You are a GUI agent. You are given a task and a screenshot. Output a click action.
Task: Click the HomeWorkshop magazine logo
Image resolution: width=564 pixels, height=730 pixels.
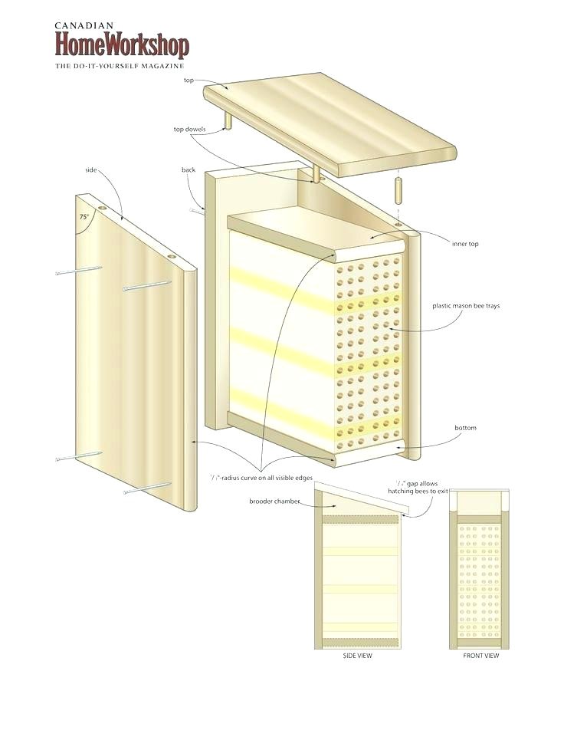pos(121,45)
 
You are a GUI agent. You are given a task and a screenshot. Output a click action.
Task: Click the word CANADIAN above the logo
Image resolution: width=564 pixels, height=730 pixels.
pos(84,25)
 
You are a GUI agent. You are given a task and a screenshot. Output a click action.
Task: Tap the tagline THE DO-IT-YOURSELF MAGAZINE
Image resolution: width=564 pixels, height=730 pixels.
pos(120,67)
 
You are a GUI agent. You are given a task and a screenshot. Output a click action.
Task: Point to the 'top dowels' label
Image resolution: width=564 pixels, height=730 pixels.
pos(189,129)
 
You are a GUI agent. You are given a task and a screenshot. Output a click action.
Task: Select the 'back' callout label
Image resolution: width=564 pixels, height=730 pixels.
pos(189,169)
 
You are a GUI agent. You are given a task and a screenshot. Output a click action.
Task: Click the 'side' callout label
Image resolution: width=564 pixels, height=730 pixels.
pos(91,169)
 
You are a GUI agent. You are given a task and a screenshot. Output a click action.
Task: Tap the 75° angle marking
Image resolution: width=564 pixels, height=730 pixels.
pos(84,217)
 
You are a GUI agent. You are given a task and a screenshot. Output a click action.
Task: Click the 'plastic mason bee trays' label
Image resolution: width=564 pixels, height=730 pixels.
pos(465,306)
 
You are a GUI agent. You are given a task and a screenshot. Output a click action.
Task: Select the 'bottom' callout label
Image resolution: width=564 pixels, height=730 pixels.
pos(465,428)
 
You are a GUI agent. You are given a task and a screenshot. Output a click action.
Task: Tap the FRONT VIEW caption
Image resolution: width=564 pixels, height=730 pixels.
pos(480,656)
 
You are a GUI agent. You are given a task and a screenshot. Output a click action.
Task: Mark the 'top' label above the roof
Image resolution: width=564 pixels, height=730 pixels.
pos(189,80)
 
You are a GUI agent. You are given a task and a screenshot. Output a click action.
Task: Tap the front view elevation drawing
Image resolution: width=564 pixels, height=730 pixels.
pos(480,567)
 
